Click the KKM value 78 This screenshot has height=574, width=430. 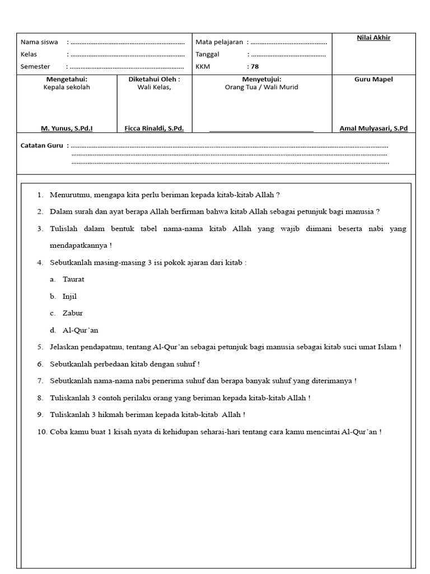pyautogui.click(x=254, y=67)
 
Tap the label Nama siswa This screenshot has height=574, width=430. pyautogui.click(x=39, y=42)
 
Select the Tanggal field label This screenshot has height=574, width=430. pyautogui.click(x=207, y=54)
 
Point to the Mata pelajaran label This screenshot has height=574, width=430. pyautogui.click(x=219, y=42)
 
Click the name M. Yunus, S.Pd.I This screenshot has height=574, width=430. pyautogui.click(x=67, y=128)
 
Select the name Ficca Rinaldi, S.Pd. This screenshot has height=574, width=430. pyautogui.click(x=154, y=128)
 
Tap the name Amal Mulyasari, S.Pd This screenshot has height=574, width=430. pyautogui.click(x=373, y=128)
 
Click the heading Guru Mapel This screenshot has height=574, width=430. pyautogui.click(x=373, y=80)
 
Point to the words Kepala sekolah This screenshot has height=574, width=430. pyautogui.click(x=67, y=87)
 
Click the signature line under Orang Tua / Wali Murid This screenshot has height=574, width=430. pyautogui.click(x=261, y=132)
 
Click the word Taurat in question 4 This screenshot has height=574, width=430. pyautogui.click(x=73, y=279)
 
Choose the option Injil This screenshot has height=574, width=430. pyautogui.click(x=70, y=296)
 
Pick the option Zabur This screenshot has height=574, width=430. pyautogui.click(x=73, y=313)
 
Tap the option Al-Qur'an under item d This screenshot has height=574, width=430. pyautogui.click(x=81, y=330)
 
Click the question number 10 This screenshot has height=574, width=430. pyautogui.click(x=43, y=432)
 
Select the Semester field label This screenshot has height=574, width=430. pyautogui.click(x=35, y=67)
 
